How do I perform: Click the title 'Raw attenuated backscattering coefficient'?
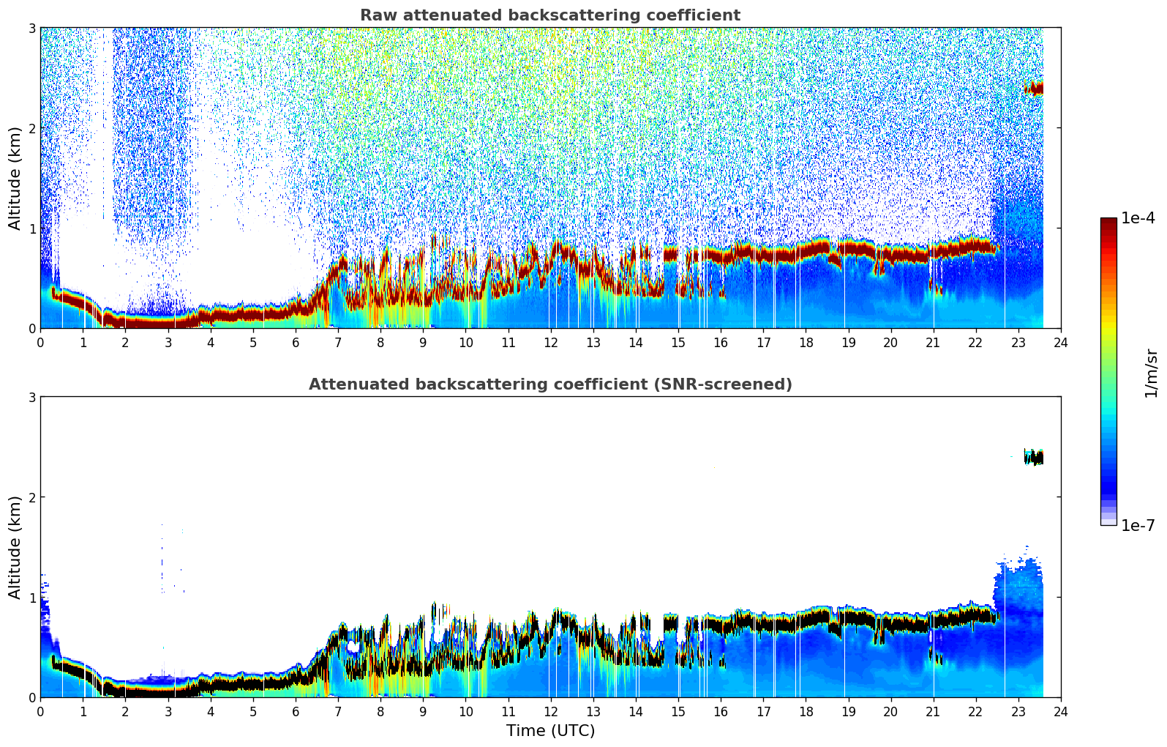click(550, 15)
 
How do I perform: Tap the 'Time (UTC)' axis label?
click(550, 730)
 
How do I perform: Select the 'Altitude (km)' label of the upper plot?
click(14, 178)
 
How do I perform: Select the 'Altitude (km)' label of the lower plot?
click(14, 547)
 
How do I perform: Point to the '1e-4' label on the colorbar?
click(1138, 218)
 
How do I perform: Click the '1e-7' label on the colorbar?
click(1138, 525)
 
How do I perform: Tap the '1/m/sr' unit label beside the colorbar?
click(1151, 373)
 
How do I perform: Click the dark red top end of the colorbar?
click(1108, 220)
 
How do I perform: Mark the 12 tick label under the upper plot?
click(551, 343)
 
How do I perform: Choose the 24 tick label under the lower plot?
click(1061, 712)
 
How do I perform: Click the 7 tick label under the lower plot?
click(338, 712)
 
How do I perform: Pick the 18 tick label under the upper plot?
click(806, 343)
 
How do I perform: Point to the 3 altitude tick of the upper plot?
click(31, 28)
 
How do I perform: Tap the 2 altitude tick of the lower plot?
click(31, 497)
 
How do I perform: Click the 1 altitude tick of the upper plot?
click(31, 228)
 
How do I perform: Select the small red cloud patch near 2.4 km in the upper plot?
click(1034, 88)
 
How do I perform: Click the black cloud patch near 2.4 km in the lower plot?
click(1034, 458)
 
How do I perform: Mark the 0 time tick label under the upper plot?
click(41, 343)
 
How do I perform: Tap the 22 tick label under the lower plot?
click(976, 712)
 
